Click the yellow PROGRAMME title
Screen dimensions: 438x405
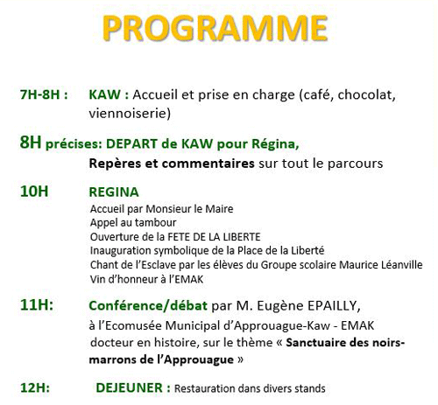(x=215, y=28)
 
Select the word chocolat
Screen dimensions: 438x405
(x=367, y=94)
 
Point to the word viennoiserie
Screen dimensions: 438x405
(x=130, y=114)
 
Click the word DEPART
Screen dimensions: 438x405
(x=131, y=143)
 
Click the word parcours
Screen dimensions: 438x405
(x=355, y=164)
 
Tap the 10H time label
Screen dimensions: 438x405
(x=34, y=192)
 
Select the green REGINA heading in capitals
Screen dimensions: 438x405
(x=114, y=192)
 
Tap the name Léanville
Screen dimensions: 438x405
(x=402, y=265)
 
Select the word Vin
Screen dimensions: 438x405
(x=97, y=279)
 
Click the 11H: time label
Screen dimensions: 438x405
(x=37, y=305)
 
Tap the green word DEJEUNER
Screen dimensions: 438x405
(x=129, y=388)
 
